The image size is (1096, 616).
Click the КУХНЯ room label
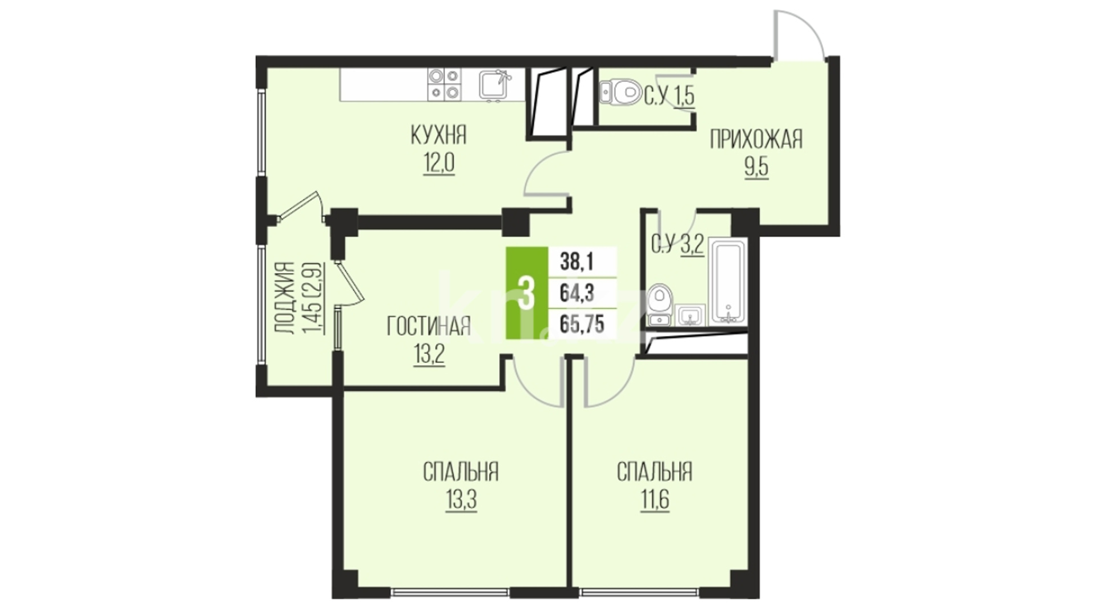pos(438,136)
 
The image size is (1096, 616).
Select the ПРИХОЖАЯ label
pos(756,139)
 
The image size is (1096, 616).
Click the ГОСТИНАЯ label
pos(429,326)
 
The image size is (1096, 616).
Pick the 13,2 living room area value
pos(428,355)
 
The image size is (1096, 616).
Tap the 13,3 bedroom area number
pos(461,500)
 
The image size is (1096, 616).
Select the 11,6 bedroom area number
pos(654,500)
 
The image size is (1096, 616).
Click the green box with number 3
pos(527,293)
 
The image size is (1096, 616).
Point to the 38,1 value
pos(577,262)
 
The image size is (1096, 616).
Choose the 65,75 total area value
pos(582,323)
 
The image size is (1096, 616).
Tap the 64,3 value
pos(577,293)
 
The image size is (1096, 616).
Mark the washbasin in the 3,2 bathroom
pos(690,315)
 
